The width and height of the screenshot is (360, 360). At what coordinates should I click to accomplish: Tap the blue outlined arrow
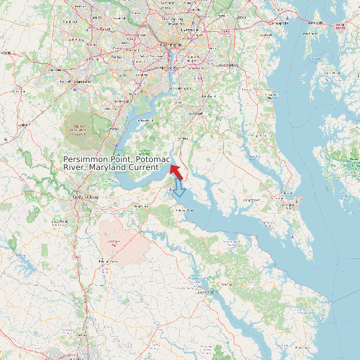click(x=179, y=189)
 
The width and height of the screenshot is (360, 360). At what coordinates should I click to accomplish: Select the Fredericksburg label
click(x=85, y=197)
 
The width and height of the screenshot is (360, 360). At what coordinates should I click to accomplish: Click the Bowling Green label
click(x=104, y=262)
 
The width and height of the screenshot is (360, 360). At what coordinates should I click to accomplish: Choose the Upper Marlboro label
click(x=228, y=65)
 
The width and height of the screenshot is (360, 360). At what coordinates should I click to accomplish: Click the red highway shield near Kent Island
click(x=341, y=26)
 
